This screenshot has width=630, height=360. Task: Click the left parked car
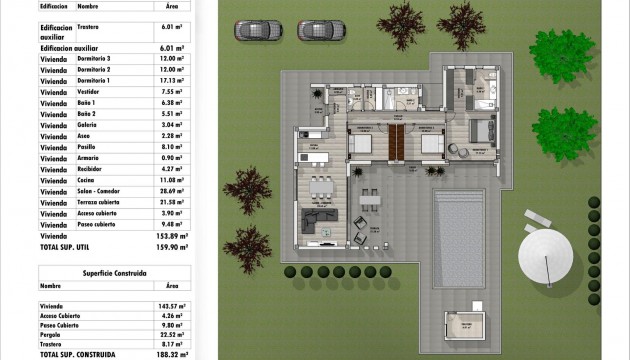251,30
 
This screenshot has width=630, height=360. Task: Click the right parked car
315,30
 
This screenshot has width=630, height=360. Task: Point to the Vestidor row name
93,91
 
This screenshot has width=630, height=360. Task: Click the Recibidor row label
93,168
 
